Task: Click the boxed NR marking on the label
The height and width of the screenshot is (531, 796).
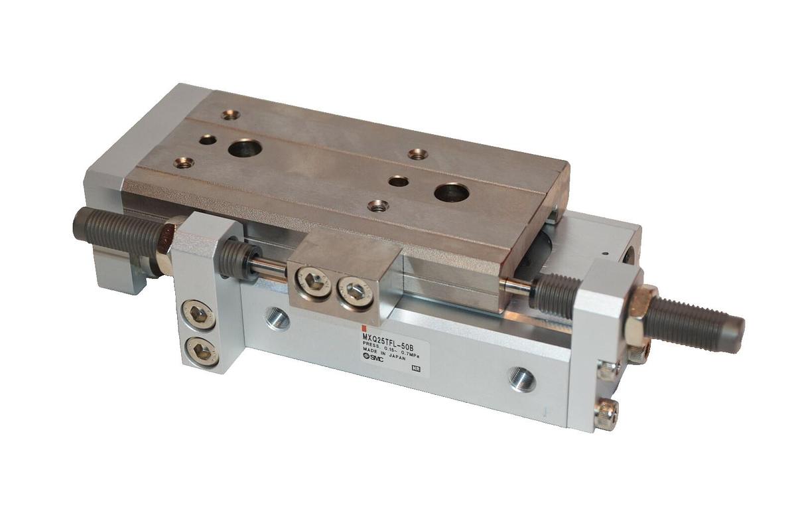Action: [x=416, y=368]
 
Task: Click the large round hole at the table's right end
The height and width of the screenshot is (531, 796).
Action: [x=451, y=193]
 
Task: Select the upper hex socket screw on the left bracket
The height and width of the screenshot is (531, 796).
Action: [x=198, y=314]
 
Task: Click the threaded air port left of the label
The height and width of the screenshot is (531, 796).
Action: [x=277, y=318]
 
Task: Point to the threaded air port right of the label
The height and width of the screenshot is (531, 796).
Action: [x=521, y=379]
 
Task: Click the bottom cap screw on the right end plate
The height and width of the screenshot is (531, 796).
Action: [x=606, y=416]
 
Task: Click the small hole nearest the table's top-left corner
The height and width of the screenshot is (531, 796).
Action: [x=230, y=115]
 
